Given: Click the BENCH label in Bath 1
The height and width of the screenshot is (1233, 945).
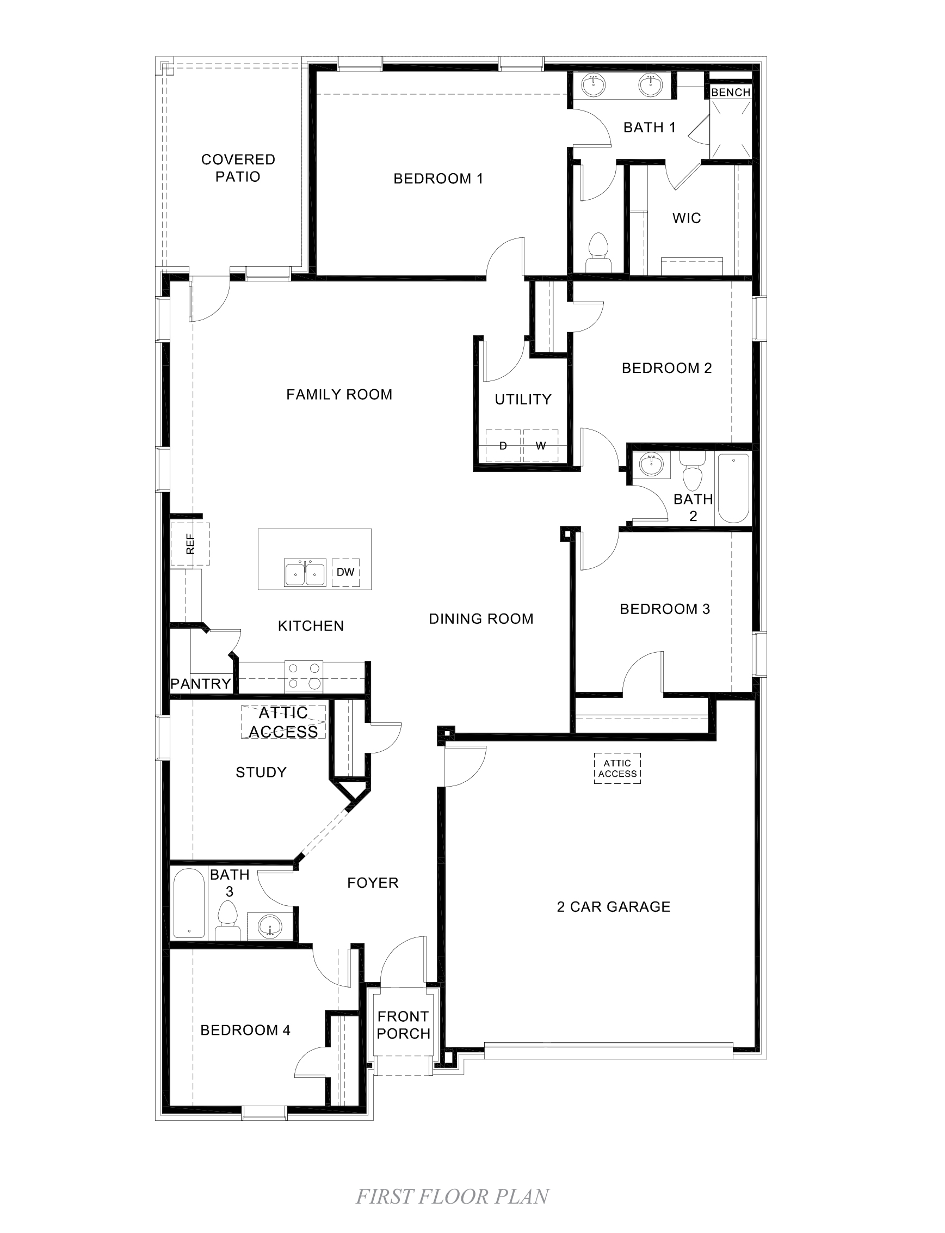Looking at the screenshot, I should pyautogui.click(x=730, y=93).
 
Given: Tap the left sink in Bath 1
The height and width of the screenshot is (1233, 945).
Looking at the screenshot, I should pyautogui.click(x=594, y=85).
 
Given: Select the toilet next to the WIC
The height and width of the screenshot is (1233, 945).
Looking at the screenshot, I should pyautogui.click(x=597, y=252).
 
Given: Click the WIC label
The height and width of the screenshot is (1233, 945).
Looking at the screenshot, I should pyautogui.click(x=686, y=218).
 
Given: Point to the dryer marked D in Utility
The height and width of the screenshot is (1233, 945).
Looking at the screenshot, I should pyautogui.click(x=503, y=446).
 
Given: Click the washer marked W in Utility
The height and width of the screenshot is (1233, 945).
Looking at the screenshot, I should pyautogui.click(x=541, y=446).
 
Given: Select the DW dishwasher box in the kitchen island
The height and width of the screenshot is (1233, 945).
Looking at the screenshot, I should pyautogui.click(x=345, y=572).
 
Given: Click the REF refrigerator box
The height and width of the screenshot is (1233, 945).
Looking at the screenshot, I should pyautogui.click(x=190, y=544).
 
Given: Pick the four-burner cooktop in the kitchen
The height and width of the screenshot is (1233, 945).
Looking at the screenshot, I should pyautogui.click(x=304, y=676).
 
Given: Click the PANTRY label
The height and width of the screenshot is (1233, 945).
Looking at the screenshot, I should pyautogui.click(x=201, y=684).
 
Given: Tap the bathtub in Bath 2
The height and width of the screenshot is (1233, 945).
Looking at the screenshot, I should pyautogui.click(x=733, y=488).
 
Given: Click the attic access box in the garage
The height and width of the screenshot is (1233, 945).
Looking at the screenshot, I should pyautogui.click(x=617, y=768).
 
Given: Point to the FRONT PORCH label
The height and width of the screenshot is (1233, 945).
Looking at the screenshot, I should pyautogui.click(x=403, y=1025).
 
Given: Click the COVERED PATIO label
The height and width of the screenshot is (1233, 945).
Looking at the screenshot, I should pyautogui.click(x=238, y=168).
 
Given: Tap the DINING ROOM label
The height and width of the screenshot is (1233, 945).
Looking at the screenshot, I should pyautogui.click(x=481, y=619).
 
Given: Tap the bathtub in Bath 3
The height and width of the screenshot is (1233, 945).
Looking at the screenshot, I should pyautogui.click(x=189, y=904).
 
